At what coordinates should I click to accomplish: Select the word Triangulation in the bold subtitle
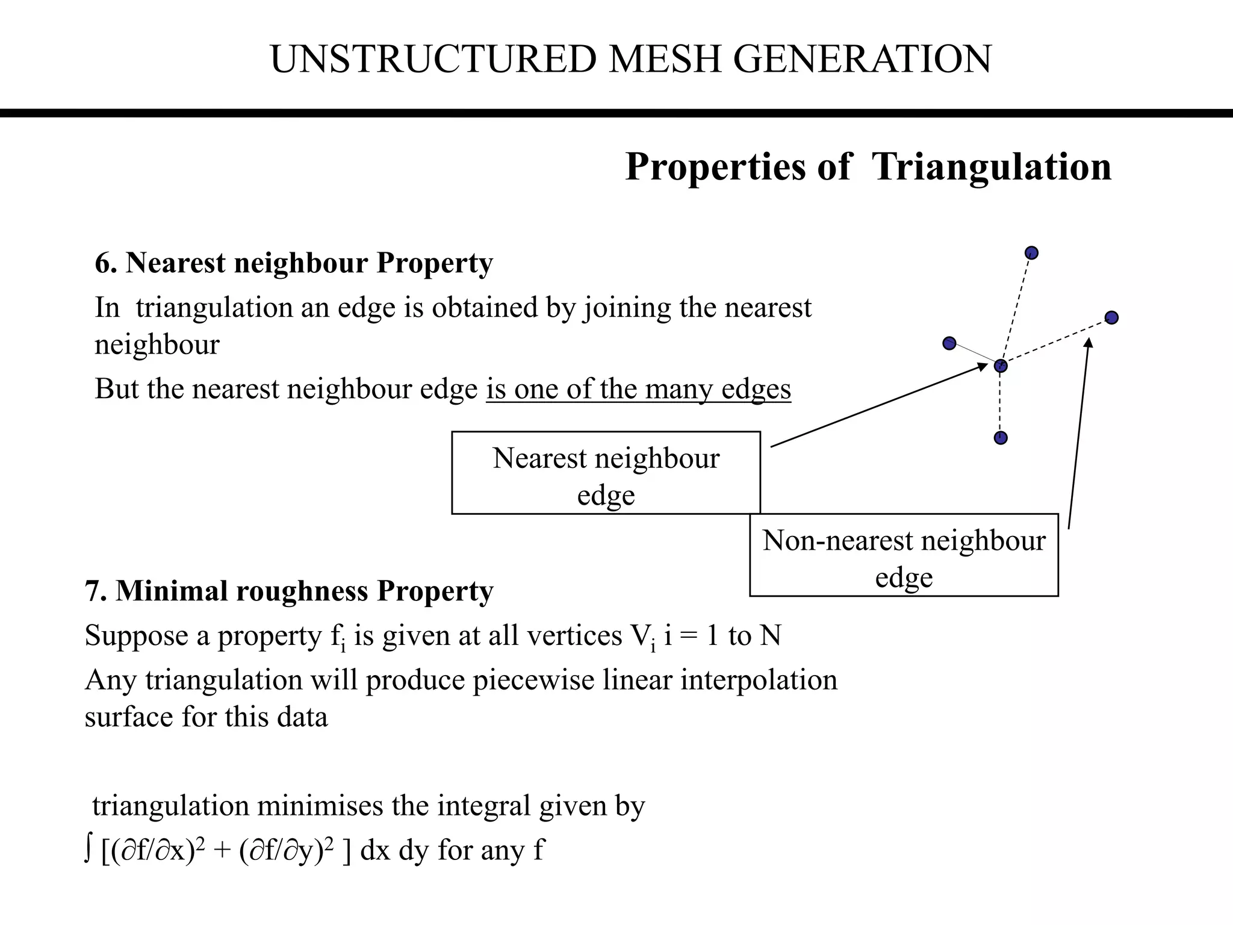point(992,167)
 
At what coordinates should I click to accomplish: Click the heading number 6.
point(105,263)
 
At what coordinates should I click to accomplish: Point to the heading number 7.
point(95,591)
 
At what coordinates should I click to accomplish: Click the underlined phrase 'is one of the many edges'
point(638,389)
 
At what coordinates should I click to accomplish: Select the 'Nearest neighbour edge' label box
point(606,473)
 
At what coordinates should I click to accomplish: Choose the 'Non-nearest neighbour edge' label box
point(904,555)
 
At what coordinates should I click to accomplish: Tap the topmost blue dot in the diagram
point(1031,253)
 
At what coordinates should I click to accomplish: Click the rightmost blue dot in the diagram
point(1111,317)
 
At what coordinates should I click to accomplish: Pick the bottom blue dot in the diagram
point(1001,438)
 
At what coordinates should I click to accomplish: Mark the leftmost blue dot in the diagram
point(949,343)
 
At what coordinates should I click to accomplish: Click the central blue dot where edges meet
point(1001,366)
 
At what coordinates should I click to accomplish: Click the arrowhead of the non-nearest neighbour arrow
point(1089,343)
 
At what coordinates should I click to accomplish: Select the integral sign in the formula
point(89,850)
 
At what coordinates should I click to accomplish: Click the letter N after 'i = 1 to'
point(770,636)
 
